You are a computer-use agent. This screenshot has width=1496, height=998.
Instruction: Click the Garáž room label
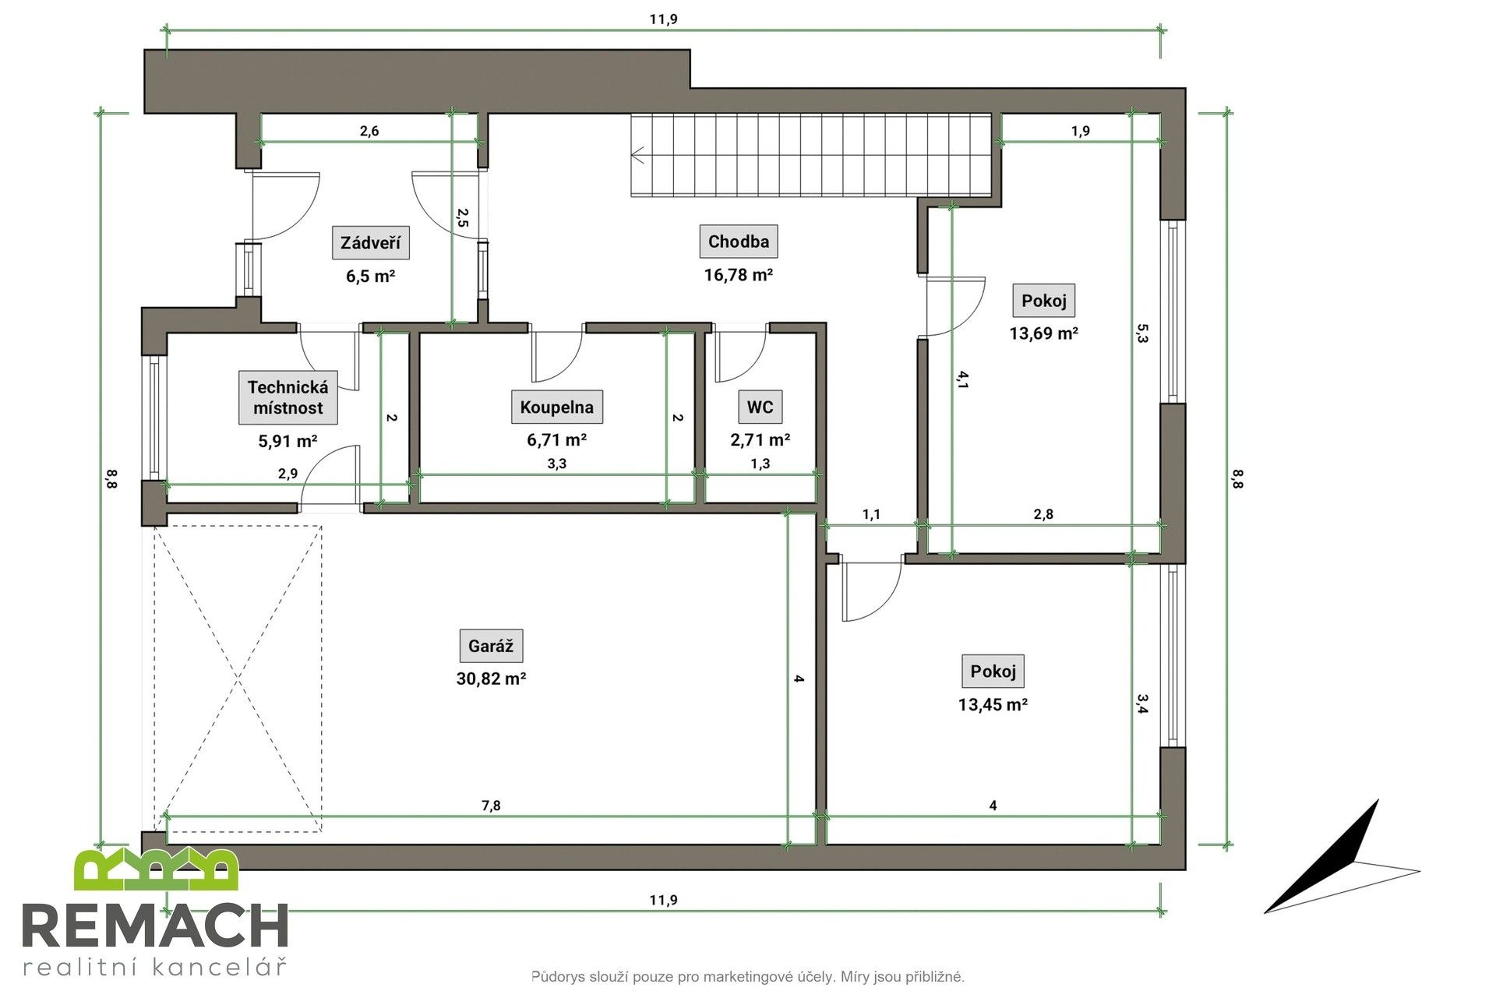tap(490, 646)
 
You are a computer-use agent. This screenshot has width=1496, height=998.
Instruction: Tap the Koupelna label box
tap(556, 407)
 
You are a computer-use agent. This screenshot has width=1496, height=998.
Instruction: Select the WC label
tap(760, 407)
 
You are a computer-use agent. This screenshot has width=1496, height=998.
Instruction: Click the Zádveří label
tap(371, 243)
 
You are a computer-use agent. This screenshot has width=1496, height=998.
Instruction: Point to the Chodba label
tap(738, 242)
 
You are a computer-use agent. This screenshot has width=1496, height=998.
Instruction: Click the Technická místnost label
tap(288, 397)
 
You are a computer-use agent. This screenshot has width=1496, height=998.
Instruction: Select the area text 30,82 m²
tap(491, 679)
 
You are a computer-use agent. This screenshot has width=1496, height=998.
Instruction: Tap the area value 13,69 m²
tap(1043, 333)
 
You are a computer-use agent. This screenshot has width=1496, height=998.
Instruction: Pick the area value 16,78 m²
tap(738, 274)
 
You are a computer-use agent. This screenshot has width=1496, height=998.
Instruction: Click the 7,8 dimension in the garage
tap(491, 806)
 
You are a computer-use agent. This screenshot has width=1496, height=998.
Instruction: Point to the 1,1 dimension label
tap(871, 514)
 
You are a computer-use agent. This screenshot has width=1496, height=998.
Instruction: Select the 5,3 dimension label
tap(1142, 333)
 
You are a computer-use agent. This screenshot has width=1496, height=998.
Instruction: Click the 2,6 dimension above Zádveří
tap(369, 131)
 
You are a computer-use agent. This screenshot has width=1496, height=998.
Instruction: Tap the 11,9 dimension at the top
tap(663, 19)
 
